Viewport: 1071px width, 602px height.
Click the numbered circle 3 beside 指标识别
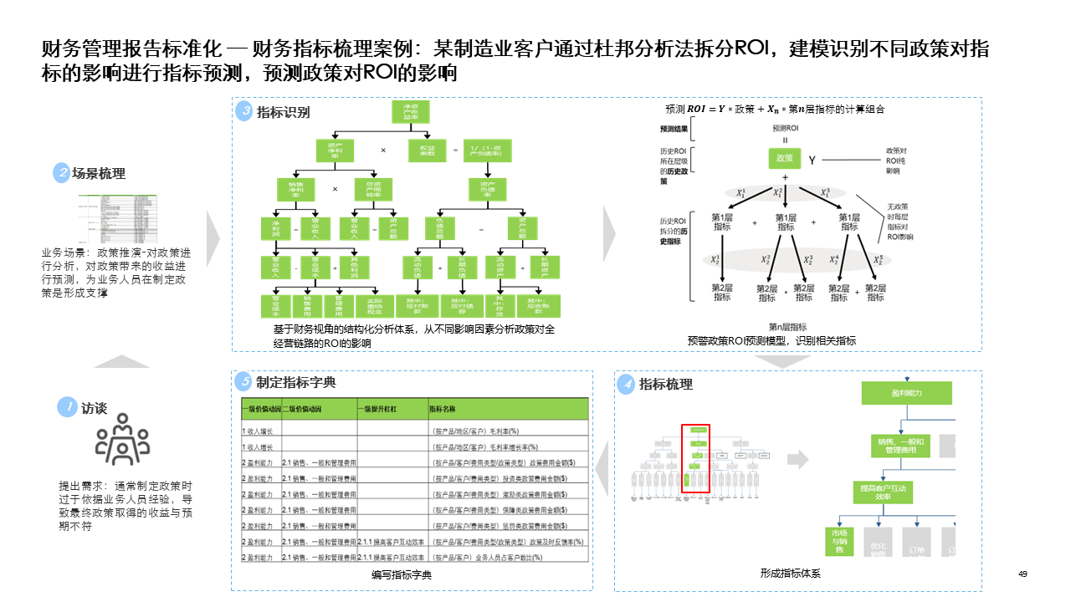coord(244,111)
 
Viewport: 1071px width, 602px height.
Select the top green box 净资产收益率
coord(411,112)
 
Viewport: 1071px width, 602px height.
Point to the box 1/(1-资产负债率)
coord(487,150)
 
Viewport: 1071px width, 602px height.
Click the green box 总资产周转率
coord(372,188)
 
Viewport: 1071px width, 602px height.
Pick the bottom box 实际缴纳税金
coord(374,306)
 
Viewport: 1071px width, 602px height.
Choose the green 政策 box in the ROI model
coord(785,158)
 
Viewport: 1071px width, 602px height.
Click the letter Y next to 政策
coord(812,159)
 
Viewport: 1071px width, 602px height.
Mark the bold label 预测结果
coord(674,130)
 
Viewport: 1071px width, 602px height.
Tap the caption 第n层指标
coord(787,327)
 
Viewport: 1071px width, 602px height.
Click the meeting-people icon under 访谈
coord(122,443)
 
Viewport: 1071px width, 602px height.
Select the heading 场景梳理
coord(98,174)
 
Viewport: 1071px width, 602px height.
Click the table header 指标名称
coord(442,410)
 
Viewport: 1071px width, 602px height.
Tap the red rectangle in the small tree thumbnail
coord(695,458)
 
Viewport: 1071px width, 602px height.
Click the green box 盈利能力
coord(907,393)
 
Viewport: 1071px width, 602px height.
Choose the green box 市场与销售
coord(838,541)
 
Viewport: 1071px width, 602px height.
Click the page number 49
coord(1022,574)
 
